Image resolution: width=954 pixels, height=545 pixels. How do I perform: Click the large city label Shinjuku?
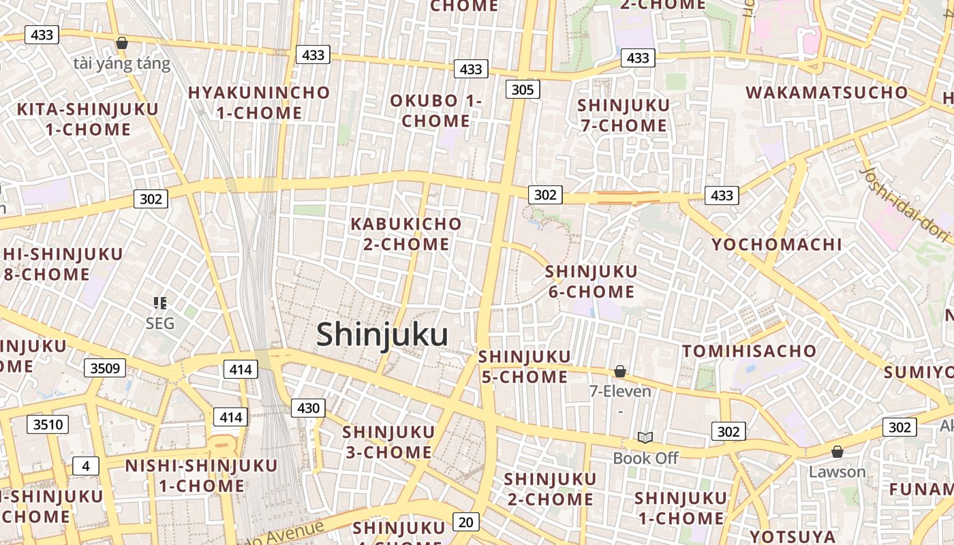(x=382, y=335)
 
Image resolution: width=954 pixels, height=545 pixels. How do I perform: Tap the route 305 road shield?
(x=523, y=89)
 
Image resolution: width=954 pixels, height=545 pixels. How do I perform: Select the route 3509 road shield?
(x=105, y=369)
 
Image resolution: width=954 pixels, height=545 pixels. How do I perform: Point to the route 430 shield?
(x=308, y=408)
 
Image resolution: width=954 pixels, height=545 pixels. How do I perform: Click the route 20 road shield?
(x=465, y=523)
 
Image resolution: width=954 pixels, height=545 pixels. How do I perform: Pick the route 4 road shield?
(x=86, y=466)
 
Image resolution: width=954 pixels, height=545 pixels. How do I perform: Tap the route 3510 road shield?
(x=48, y=425)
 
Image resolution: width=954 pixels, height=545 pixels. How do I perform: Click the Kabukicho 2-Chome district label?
(x=406, y=234)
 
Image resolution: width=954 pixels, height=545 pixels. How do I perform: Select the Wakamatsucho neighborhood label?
(x=827, y=93)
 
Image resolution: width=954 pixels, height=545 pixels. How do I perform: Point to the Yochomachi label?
(x=777, y=245)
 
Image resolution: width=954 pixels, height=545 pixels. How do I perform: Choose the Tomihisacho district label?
(x=749, y=352)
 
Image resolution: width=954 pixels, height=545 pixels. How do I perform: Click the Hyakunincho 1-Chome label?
(x=259, y=102)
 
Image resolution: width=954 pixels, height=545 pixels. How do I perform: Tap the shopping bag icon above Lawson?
(x=837, y=452)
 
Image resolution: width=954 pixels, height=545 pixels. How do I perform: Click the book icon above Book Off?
(x=645, y=437)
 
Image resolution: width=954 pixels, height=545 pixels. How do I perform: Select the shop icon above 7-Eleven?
(x=620, y=371)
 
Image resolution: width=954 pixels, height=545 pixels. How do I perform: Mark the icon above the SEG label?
(x=160, y=302)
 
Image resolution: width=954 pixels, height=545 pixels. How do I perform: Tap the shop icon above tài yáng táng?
(x=122, y=43)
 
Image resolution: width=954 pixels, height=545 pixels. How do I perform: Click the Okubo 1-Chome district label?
(x=435, y=111)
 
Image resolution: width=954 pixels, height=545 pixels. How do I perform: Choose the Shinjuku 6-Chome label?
(x=591, y=282)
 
